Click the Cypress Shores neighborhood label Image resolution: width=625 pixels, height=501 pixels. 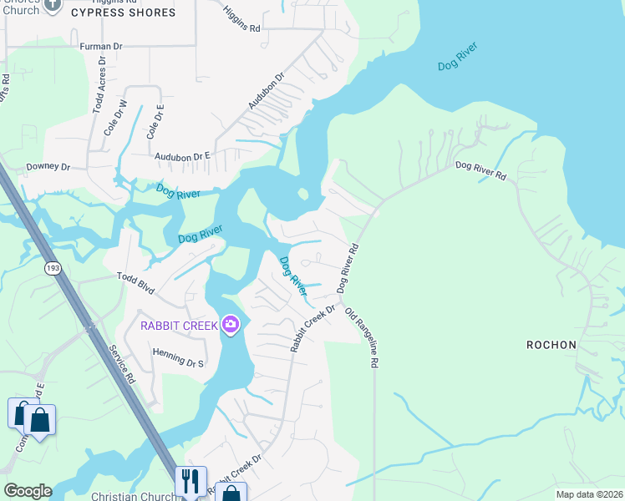[x=123, y=13]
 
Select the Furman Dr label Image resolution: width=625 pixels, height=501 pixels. [x=101, y=47]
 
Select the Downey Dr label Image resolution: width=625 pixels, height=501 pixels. [x=48, y=166]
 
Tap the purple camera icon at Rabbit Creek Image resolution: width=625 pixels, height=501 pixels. [x=231, y=326]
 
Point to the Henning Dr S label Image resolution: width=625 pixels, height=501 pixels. [x=178, y=358]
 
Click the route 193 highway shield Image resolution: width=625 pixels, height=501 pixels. [x=53, y=268]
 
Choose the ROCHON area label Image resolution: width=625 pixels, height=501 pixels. [x=551, y=344]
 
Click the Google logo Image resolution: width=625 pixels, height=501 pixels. [x=27, y=491]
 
